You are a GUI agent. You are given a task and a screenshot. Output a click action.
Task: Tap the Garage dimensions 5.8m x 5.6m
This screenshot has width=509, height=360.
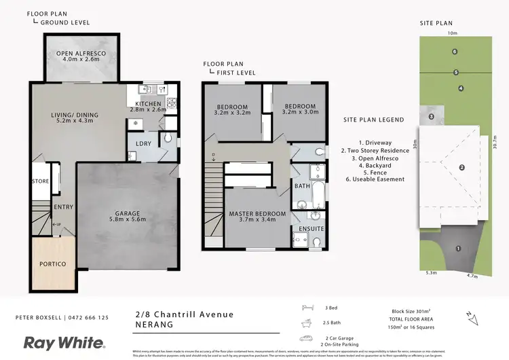tap(128, 219)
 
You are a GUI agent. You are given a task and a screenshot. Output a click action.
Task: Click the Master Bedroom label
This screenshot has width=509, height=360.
tap(257, 214)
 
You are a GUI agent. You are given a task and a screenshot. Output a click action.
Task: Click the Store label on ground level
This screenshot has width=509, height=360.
tap(40, 181)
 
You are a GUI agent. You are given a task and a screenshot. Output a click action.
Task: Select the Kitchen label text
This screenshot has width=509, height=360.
tap(148, 104)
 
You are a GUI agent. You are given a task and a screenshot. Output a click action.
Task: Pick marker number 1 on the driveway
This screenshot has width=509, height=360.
tap(458, 249)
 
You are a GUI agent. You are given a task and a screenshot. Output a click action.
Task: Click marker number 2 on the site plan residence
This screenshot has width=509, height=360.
tap(461, 167)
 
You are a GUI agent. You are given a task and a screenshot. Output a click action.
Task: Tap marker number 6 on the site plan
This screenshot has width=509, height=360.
tap(455, 52)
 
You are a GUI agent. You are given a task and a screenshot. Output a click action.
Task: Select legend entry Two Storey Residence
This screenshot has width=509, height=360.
tap(375, 150)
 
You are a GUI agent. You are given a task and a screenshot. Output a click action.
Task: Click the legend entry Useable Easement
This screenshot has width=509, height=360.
tap(375, 179)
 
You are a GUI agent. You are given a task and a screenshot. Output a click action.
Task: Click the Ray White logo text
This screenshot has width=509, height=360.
tap(64, 342)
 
